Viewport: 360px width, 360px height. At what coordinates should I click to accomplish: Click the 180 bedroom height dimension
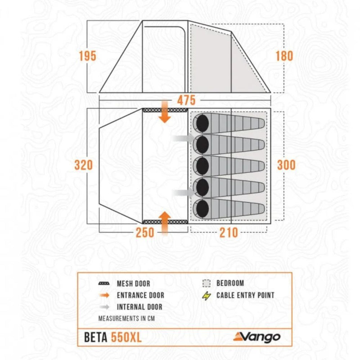pyautogui.click(x=284, y=56)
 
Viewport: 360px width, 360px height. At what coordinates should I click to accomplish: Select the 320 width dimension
pyautogui.click(x=84, y=165)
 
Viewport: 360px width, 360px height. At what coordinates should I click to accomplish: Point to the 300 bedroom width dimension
pyautogui.click(x=286, y=165)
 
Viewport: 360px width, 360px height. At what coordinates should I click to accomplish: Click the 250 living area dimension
pyautogui.click(x=145, y=232)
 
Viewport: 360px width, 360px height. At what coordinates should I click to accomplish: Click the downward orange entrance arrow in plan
pyautogui.click(x=165, y=114)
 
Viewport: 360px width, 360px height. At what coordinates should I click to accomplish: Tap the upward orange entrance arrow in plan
pyautogui.click(x=165, y=221)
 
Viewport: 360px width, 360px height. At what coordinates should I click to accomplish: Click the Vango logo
pyautogui.click(x=257, y=337)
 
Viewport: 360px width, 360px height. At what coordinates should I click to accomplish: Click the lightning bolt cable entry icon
pyautogui.click(x=207, y=296)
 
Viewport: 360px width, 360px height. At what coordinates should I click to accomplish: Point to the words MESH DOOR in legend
pyautogui.click(x=133, y=284)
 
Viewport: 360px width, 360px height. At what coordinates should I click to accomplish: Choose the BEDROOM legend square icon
pyautogui.click(x=206, y=283)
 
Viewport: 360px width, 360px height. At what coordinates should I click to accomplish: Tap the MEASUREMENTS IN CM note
pyautogui.click(x=123, y=318)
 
